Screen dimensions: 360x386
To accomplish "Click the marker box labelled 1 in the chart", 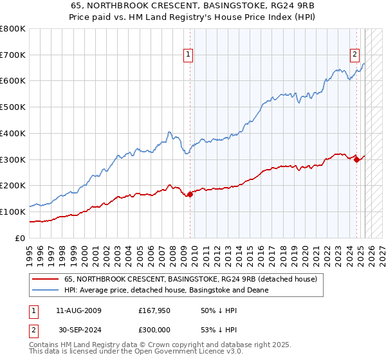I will point(189,55).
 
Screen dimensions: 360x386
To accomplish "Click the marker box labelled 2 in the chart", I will point(354,55).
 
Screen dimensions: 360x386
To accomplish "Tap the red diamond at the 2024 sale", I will point(357,159).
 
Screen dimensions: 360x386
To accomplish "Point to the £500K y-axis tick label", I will point(13,107).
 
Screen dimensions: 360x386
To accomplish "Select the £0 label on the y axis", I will point(21,238).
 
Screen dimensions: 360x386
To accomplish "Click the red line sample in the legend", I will point(44,280).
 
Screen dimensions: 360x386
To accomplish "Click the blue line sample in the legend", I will point(44,291).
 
